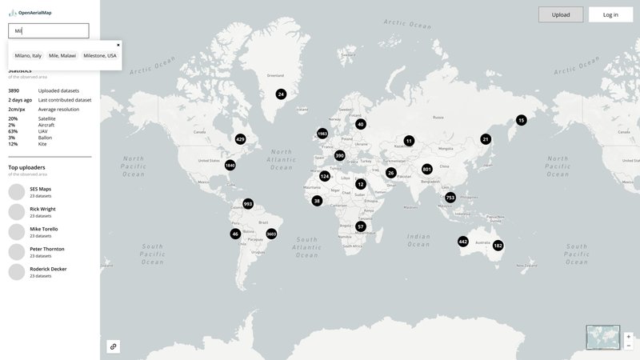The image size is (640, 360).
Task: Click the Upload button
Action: [x=561, y=14]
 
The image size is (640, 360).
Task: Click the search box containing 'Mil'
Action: [x=48, y=31]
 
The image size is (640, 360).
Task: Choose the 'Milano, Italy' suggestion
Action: [x=28, y=56]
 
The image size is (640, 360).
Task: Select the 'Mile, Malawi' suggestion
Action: [x=62, y=56]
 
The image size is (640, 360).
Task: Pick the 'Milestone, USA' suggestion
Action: [x=100, y=56]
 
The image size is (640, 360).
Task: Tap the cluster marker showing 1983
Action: [x=322, y=134]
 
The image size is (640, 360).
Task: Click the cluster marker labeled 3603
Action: [x=271, y=234]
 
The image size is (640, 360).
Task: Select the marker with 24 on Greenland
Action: [x=281, y=94]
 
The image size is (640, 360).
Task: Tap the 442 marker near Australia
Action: [x=463, y=242]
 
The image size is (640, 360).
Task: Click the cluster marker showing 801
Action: [x=427, y=170]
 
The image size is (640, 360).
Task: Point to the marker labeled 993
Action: [x=248, y=204]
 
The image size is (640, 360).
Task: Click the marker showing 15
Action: [x=521, y=120]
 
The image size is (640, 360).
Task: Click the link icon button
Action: [x=114, y=346]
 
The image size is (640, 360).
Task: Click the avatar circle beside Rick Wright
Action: [x=17, y=212]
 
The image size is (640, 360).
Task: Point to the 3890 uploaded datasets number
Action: [x=14, y=90]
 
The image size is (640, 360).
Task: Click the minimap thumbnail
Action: [x=603, y=337]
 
